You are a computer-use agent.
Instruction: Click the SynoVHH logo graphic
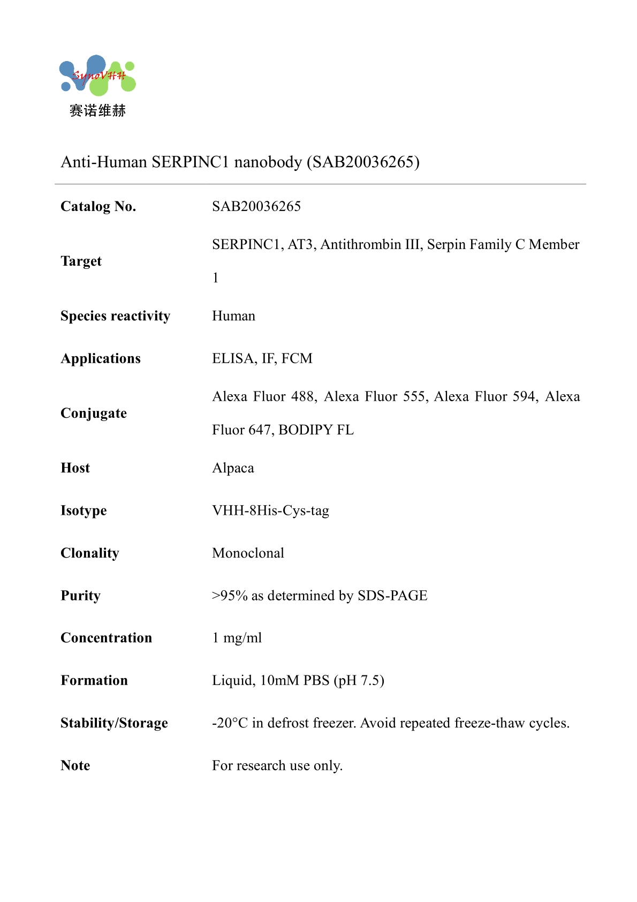click(x=97, y=76)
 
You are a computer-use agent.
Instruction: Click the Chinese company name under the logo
click(x=97, y=111)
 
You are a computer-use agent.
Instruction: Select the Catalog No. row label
click(x=98, y=206)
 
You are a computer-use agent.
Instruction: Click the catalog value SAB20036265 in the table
click(x=256, y=206)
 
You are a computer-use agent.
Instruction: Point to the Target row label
click(x=81, y=261)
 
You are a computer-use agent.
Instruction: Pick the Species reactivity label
click(x=115, y=316)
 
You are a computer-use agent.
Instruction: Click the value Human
click(x=233, y=316)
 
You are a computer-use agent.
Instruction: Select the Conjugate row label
click(x=94, y=413)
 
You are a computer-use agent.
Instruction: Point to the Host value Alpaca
click(x=233, y=468)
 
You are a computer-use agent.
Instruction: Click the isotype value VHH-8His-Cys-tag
click(x=270, y=510)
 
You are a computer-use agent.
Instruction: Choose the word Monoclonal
click(x=248, y=553)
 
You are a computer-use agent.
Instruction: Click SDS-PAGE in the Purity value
click(x=392, y=596)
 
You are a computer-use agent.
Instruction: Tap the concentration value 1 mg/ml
click(x=237, y=638)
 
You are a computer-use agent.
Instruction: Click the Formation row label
click(x=94, y=680)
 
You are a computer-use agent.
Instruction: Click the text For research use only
click(x=277, y=765)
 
